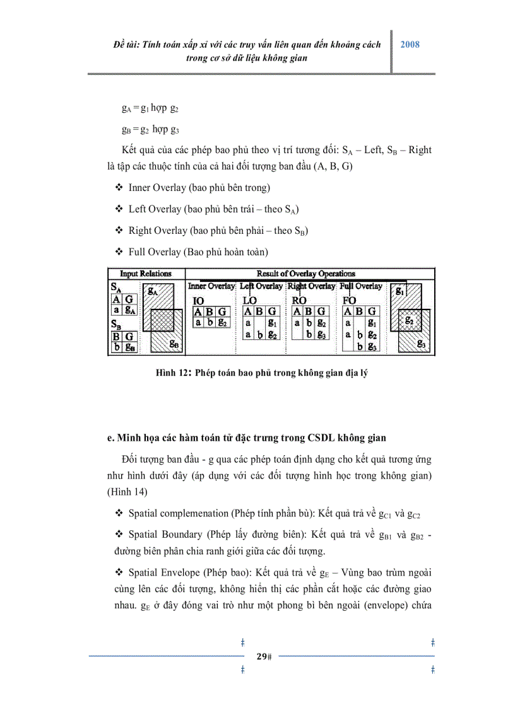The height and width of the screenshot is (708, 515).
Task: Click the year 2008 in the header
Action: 410,45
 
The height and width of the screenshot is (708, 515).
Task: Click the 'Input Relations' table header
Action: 146,274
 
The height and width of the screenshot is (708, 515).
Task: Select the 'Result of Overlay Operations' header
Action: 306,274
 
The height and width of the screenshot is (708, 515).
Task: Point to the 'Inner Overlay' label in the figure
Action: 211,286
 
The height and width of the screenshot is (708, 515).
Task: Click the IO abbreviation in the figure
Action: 198,301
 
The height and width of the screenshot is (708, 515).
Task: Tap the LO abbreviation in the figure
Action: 250,301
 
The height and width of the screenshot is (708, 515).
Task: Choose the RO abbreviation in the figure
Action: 299,301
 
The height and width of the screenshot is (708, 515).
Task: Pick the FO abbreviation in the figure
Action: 350,301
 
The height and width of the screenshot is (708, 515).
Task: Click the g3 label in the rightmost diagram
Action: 422,345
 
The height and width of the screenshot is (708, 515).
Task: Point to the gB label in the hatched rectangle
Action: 175,345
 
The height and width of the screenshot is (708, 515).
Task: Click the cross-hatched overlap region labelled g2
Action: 408,320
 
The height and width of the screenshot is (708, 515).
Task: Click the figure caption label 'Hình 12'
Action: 174,373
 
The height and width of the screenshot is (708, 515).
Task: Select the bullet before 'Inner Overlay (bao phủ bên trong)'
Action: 119,188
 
